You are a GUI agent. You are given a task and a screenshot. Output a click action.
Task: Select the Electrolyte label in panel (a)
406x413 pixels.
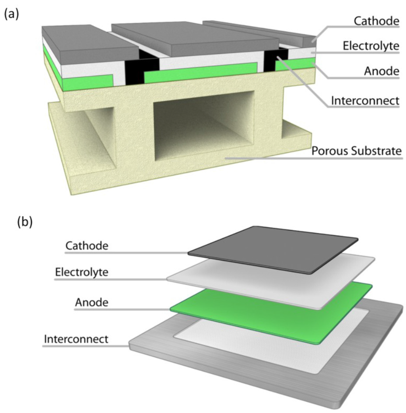tap(371, 46)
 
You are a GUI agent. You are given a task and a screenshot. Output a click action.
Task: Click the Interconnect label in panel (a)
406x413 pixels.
tap(365, 101)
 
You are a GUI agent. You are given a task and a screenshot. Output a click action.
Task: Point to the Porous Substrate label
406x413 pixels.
tap(356, 151)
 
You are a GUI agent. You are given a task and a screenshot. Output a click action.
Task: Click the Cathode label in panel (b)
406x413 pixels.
tap(86, 246)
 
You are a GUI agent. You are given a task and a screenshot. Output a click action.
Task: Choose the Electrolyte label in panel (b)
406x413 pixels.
tap(81, 272)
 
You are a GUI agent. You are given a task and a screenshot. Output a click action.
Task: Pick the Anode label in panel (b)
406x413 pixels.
tap(91, 303)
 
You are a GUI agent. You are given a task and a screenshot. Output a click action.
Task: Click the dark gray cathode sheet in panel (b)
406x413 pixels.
tap(274, 249)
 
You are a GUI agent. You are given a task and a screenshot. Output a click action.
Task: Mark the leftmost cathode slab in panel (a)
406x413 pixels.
tap(87, 44)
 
